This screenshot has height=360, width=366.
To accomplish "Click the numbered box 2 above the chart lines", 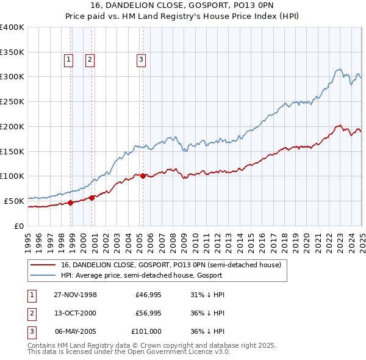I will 90,60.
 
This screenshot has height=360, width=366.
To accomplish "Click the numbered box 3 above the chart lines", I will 141,60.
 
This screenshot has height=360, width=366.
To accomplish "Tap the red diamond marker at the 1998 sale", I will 71,203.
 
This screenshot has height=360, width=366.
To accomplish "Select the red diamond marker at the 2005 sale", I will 143,176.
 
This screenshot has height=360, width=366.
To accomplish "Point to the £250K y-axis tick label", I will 12,101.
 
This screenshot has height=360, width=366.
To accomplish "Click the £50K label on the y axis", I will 15,200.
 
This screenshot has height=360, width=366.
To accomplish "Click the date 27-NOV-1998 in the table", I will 76,295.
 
